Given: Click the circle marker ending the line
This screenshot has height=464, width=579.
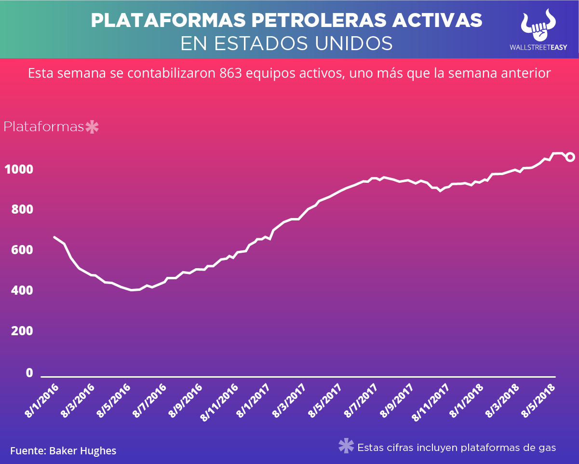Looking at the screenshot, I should click(x=570, y=157).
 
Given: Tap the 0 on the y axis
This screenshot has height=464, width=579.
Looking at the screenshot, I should click(x=29, y=373).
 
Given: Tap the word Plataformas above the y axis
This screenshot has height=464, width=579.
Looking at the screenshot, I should click(x=44, y=127).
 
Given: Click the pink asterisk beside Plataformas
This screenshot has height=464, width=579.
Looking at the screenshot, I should click(x=92, y=127).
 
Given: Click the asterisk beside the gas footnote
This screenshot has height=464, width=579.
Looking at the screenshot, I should click(x=346, y=446).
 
